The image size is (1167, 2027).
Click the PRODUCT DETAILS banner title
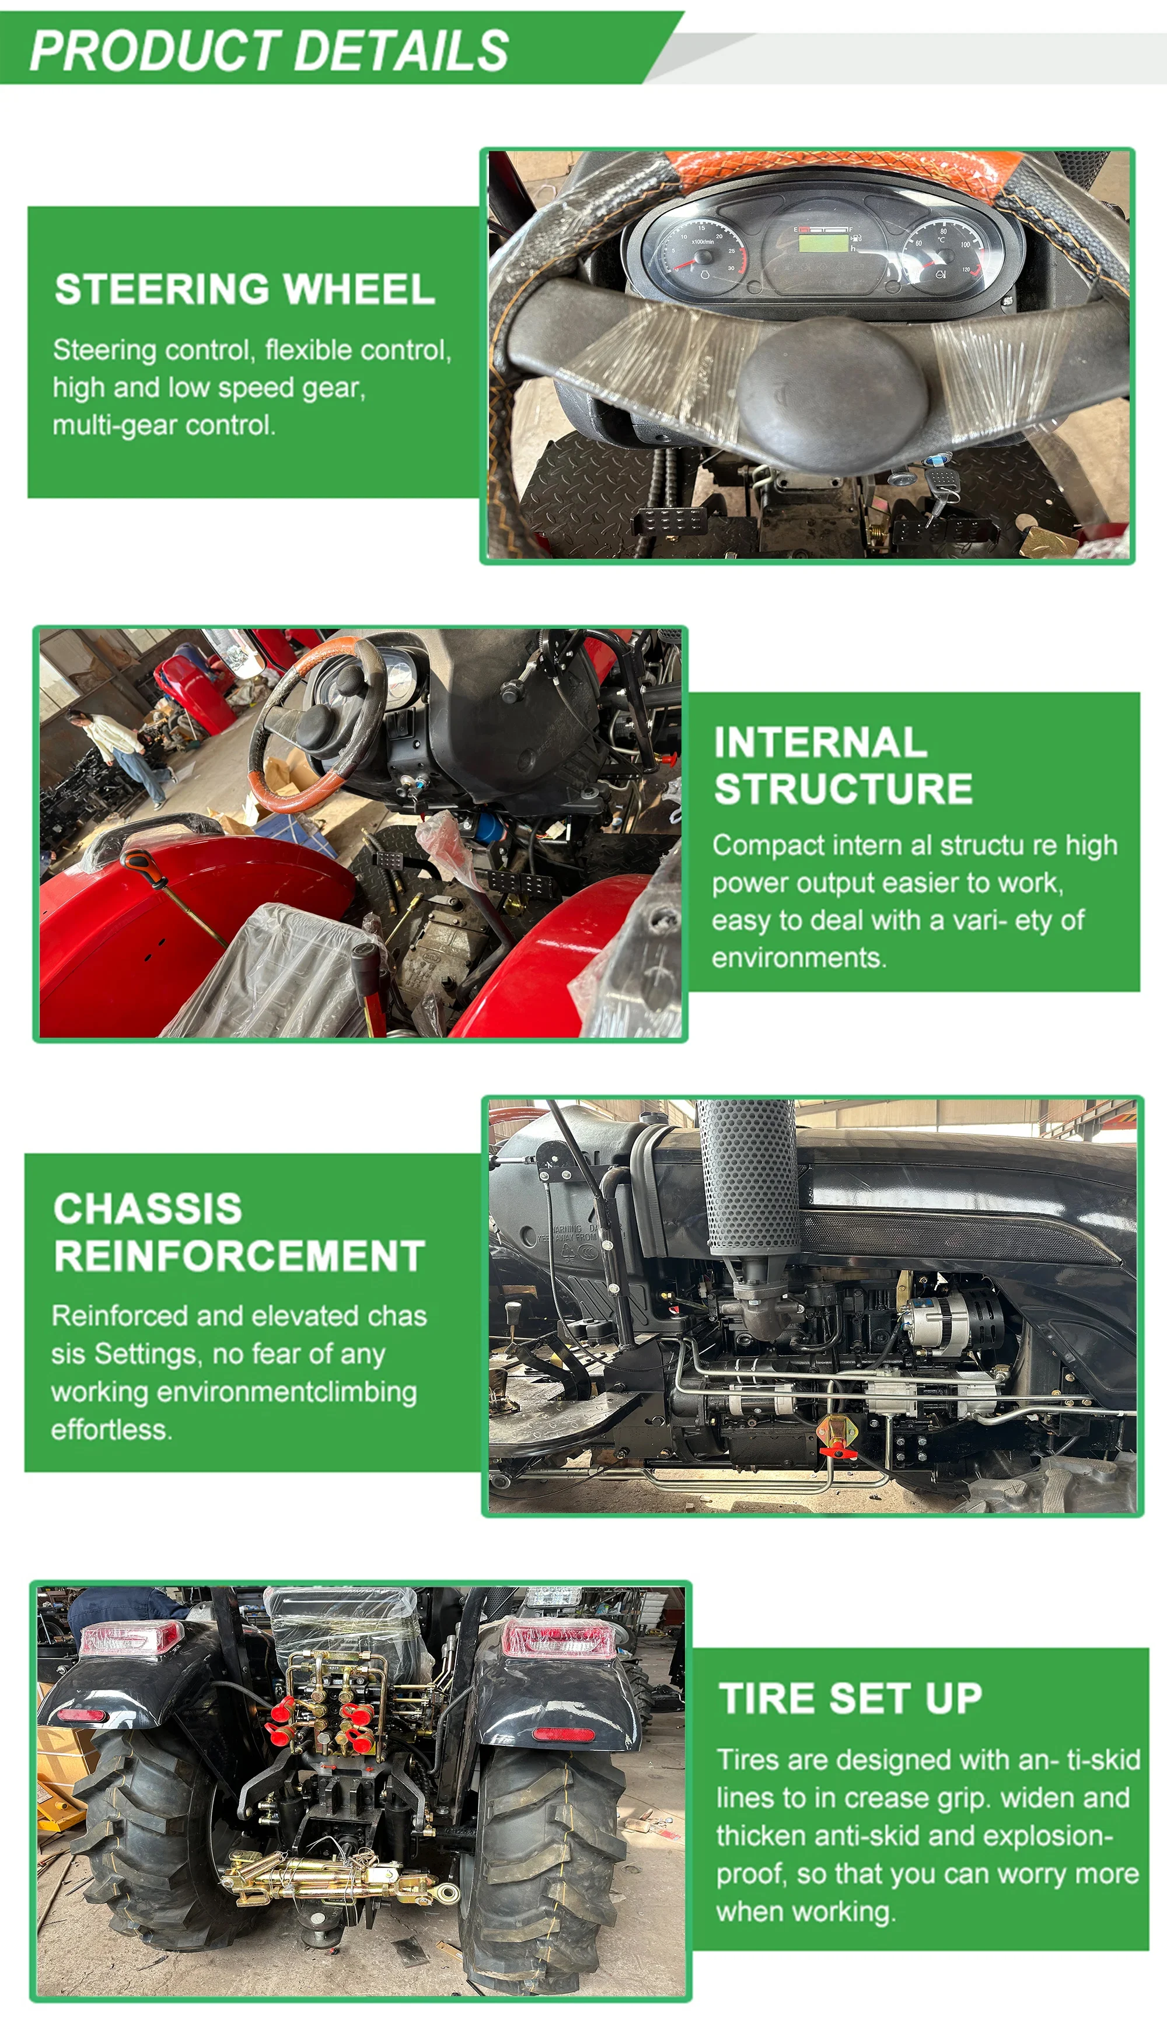click(270, 50)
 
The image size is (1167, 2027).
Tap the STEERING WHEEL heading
click(244, 289)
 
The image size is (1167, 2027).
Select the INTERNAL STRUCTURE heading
click(843, 765)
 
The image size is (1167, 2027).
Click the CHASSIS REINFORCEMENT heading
click(239, 1231)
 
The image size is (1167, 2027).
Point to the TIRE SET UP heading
click(850, 1697)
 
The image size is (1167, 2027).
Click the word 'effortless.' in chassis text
click(111, 1430)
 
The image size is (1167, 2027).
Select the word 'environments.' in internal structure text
click(799, 957)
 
